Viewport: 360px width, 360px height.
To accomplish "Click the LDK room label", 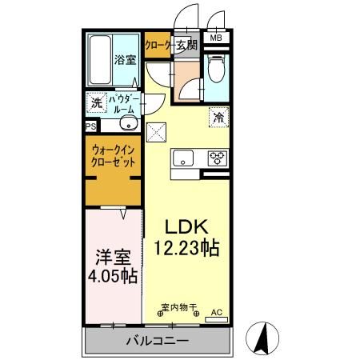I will click(187, 226).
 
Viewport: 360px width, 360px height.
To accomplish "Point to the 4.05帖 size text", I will click(112, 278).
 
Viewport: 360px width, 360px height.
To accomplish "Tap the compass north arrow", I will click(262, 338).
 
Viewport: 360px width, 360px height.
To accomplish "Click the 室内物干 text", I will click(177, 307).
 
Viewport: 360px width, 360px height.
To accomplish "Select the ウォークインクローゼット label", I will click(113, 154).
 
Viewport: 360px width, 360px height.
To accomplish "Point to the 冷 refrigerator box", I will click(218, 117).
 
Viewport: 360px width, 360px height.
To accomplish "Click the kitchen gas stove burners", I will click(217, 158).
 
